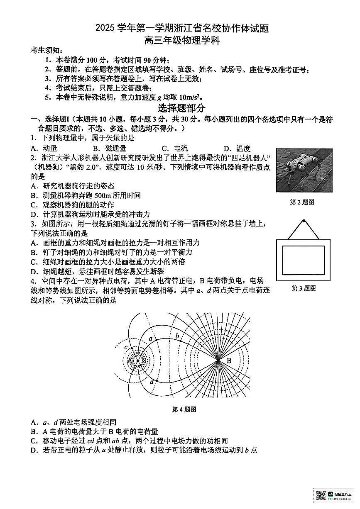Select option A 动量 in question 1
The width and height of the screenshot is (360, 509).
point(44,148)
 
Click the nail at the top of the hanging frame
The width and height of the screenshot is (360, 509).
point(304,221)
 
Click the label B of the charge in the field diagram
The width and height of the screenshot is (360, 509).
point(229,361)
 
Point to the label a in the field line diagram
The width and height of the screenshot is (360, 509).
point(151,339)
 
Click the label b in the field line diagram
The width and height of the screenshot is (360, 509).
point(177,335)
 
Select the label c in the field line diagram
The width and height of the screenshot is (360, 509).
point(126,348)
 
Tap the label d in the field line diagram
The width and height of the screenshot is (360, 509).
point(152,381)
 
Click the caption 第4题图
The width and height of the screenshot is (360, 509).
point(184,409)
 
